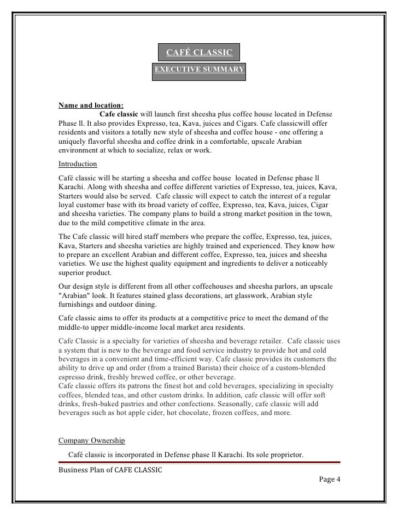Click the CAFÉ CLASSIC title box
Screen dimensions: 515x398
point(199,52)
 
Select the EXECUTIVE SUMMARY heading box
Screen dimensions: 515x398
point(199,70)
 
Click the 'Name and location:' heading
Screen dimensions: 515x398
point(91,105)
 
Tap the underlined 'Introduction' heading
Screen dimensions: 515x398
point(78,164)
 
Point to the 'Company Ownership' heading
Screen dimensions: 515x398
point(91,440)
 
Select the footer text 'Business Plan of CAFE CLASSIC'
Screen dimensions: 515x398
point(110,470)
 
